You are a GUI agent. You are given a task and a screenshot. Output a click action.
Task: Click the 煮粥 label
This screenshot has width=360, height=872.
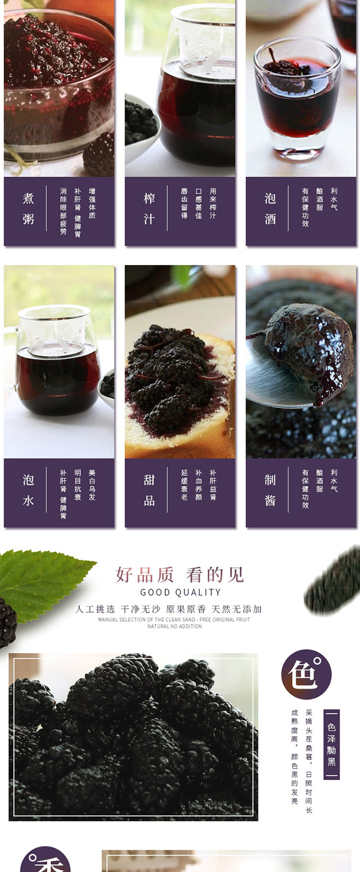coord(28,209)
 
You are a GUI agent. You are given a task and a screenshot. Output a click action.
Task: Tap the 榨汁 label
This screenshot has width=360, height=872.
coord(149,209)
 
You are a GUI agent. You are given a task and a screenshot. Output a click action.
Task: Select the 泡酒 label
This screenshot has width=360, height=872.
coord(270,209)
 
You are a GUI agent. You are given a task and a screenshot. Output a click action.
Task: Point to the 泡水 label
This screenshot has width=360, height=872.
coord(28,490)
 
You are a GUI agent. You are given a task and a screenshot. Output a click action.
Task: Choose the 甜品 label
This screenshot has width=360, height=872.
coord(149,490)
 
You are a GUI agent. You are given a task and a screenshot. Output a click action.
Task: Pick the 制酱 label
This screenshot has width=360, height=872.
coord(270,490)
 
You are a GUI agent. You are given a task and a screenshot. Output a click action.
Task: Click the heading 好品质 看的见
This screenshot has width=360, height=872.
coord(180,574)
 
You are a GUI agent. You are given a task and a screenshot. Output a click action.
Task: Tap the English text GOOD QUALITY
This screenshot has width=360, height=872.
coord(180,592)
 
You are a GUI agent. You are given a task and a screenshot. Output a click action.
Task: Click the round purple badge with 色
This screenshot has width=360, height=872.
coord(307,674)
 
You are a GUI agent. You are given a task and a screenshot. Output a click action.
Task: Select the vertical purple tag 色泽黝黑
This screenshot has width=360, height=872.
coord(331,744)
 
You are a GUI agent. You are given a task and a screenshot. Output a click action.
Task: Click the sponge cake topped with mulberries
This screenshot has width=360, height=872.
coord(180,393)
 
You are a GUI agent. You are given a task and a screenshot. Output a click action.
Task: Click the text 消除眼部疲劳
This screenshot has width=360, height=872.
coord(63,212)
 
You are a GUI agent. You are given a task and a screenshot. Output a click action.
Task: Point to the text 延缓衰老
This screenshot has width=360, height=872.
coord(184,485)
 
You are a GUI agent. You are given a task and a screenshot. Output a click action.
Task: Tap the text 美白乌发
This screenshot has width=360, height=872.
coord(92,485)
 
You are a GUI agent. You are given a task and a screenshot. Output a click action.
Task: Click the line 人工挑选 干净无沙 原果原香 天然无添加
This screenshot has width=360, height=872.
coord(169,609)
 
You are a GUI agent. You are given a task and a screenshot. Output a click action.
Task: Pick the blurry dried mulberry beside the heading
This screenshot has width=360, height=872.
coord(333,580)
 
